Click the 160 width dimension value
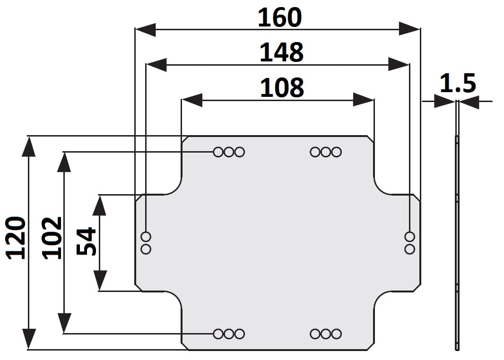click(279, 17)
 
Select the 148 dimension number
click(281, 52)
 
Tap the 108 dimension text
click(282, 87)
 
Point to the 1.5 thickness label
click(458, 84)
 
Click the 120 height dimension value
click(16, 238)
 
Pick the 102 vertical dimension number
click(52, 238)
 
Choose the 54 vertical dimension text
click(87, 241)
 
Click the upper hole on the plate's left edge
click(146, 236)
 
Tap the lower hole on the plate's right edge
click(410, 249)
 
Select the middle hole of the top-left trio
click(229, 152)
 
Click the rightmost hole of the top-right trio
click(337, 152)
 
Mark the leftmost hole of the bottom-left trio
click(218, 334)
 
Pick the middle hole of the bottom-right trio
click(326, 334)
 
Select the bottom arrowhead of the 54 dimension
click(99, 280)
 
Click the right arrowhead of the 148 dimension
click(398, 64)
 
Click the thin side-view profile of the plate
click(457, 241)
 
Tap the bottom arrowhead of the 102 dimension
click(64, 323)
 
